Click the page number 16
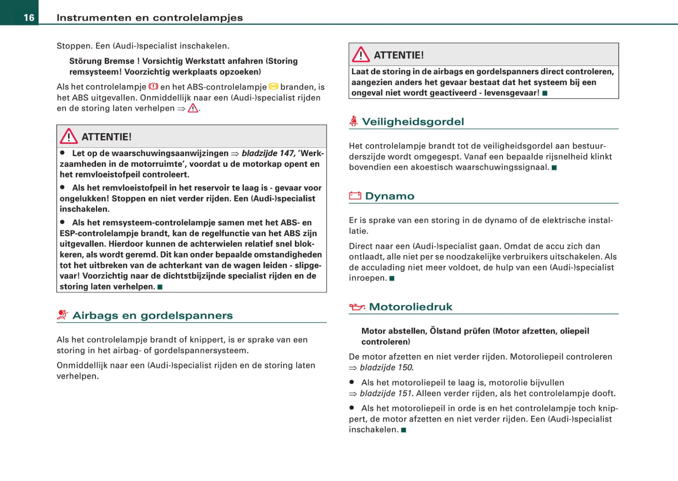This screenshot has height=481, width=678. [x=29, y=18]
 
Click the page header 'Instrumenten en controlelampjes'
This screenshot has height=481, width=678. [x=150, y=18]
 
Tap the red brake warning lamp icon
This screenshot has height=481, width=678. [x=153, y=86]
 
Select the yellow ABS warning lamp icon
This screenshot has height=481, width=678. [x=273, y=86]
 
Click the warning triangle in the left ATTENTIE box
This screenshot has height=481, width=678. [x=68, y=136]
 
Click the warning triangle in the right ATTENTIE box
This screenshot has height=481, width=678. [x=361, y=54]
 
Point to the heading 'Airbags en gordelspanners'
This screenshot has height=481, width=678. [x=152, y=315]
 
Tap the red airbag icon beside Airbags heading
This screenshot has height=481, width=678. [x=62, y=315]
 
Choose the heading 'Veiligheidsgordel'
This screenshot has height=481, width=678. [x=413, y=122]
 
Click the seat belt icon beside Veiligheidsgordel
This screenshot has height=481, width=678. [x=353, y=121]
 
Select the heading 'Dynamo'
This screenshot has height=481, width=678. [x=389, y=196]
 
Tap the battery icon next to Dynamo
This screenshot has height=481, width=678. [x=355, y=196]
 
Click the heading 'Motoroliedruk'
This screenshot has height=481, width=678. [x=410, y=307]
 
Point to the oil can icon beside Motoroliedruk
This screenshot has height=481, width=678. [x=357, y=307]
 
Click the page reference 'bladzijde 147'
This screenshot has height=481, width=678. [x=268, y=153]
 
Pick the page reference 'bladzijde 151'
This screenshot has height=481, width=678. [x=386, y=393]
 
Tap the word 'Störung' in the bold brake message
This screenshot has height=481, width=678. [x=84, y=61]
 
